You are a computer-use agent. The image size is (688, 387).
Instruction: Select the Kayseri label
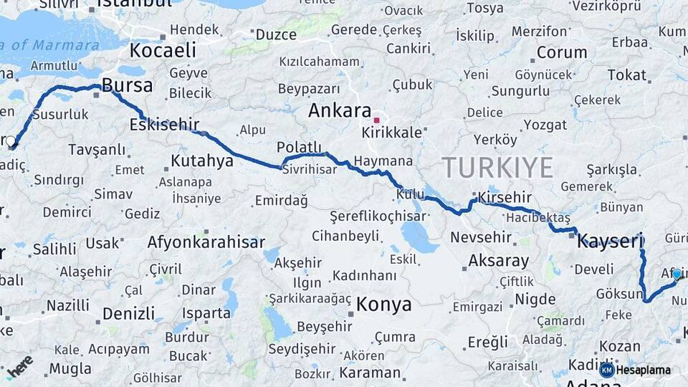[x=611, y=242]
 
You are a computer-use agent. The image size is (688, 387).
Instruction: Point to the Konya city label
[x=384, y=305]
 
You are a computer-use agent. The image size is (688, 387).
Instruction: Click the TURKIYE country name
[x=497, y=168]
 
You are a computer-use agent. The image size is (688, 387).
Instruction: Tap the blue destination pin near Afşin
[x=676, y=274]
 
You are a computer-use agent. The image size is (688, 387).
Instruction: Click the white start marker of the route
[x=11, y=142]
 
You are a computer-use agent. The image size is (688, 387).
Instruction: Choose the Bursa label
[x=127, y=86]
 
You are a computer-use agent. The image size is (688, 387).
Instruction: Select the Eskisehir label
[x=164, y=125]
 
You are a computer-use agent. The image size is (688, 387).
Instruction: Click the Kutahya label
[x=202, y=161]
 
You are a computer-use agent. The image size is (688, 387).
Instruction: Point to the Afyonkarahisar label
[x=206, y=242]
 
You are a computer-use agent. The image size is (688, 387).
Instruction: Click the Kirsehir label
[x=505, y=197]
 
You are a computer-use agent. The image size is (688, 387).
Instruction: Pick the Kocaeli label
[x=163, y=50]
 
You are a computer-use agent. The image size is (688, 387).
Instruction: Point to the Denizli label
[x=128, y=314]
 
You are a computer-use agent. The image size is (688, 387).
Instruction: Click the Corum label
[x=562, y=52]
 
